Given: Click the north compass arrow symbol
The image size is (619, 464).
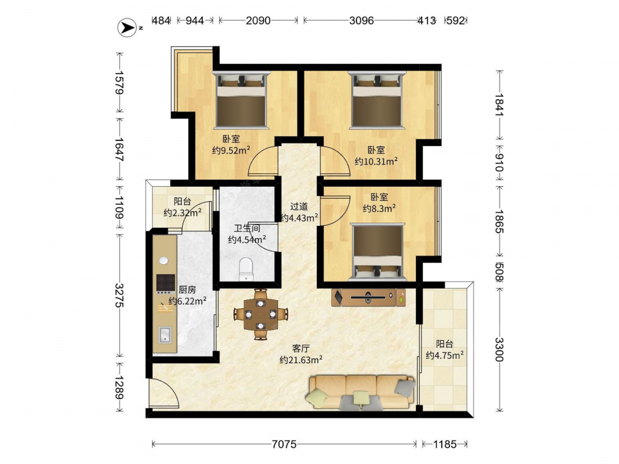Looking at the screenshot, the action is point(128,28).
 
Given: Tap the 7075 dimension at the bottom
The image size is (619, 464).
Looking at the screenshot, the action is point(284,444).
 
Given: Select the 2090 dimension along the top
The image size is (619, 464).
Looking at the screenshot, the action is point(258,20).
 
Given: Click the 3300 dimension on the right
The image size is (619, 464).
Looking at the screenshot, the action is point(499,350).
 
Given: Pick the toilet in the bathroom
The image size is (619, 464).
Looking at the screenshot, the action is point(246,269).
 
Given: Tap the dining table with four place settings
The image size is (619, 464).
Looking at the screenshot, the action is point(261,314).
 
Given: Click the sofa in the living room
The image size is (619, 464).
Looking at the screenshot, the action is point(361,392).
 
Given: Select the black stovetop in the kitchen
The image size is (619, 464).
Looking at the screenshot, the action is point(166,283).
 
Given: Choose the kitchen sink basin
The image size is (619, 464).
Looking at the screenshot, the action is point(165,335).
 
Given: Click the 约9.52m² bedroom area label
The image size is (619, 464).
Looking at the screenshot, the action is point(231,150).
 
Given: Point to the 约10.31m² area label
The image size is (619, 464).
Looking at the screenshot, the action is point(376,161).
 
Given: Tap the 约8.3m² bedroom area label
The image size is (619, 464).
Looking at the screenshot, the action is point(379,208).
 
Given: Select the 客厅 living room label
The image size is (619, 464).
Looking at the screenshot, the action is point(301,349).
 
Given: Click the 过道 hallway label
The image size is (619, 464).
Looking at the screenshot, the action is point(299,207).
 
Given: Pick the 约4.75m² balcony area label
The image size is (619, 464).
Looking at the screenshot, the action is point(444,355).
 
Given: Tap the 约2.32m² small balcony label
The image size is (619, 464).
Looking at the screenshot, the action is point(183,213).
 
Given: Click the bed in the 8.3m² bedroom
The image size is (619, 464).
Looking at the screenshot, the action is point(378,252).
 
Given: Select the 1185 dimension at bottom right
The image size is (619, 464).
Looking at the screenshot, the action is point(445,444).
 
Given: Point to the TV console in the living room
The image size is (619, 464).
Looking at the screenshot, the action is point(368,297).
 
